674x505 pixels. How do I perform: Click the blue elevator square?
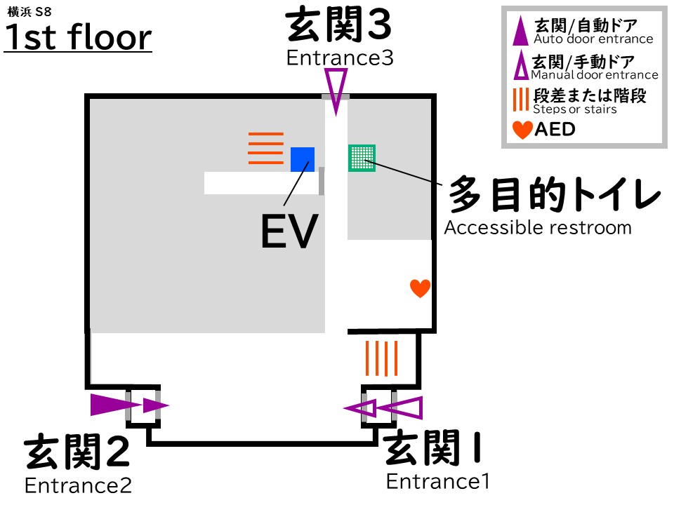tap(303, 159)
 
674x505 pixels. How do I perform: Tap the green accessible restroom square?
tap(362, 158)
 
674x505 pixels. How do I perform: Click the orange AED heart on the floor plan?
tap(420, 288)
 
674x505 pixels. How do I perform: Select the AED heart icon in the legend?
tap(522, 130)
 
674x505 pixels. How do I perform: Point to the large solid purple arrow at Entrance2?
tap(107, 405)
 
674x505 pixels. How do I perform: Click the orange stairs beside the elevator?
tap(266, 148)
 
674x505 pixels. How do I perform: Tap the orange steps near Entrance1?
tap(382, 358)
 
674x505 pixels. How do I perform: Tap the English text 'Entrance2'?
tap(78, 485)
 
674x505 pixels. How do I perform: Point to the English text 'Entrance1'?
tap(437, 482)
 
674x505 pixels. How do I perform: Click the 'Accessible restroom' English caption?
tap(538, 228)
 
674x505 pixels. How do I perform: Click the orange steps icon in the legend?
tap(520, 99)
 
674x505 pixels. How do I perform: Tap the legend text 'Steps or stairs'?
tap(574, 109)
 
